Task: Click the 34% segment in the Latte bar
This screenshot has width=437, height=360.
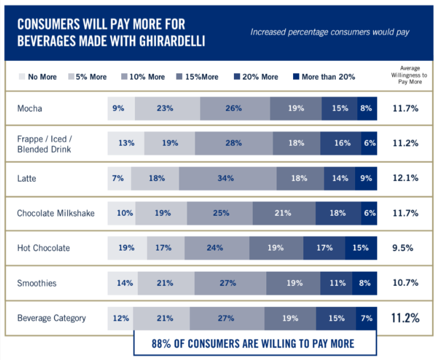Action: [x=226, y=178]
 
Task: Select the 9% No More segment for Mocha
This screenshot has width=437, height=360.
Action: [x=118, y=108]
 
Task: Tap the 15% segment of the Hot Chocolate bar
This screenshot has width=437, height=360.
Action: [x=360, y=248]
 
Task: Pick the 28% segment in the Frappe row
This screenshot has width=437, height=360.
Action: [x=233, y=143]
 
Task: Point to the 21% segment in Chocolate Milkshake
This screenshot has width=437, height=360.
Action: [x=283, y=213]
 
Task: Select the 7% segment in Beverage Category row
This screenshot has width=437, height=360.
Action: [x=366, y=318]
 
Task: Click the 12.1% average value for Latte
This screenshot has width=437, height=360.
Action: [x=406, y=178]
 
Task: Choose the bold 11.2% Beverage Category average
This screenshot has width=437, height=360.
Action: [x=406, y=318]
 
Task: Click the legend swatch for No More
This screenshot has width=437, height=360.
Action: [x=22, y=76]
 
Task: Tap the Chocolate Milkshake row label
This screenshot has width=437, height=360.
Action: [x=56, y=213]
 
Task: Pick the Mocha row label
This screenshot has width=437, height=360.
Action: [x=30, y=108]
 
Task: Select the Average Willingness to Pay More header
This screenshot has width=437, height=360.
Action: [x=410, y=75]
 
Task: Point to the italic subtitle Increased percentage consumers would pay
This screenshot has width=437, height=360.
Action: [x=330, y=32]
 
